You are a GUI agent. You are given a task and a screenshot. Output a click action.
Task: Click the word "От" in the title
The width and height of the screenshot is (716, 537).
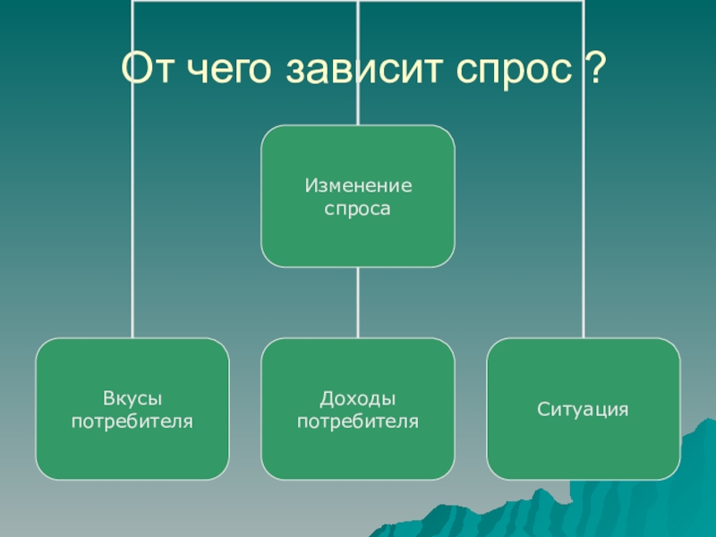147,69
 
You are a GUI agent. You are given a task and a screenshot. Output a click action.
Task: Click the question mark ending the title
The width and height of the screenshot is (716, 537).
589,69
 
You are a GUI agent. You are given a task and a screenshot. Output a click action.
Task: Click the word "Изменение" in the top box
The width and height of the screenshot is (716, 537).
358,187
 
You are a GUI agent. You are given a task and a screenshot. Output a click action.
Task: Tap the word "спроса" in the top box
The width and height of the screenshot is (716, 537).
358,209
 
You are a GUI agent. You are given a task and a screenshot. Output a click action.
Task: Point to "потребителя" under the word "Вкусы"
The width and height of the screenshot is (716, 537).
132,419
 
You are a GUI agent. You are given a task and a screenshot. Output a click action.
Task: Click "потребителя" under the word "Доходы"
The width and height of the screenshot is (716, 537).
358,419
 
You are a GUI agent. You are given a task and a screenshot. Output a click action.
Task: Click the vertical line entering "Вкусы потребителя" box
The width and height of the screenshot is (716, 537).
132,224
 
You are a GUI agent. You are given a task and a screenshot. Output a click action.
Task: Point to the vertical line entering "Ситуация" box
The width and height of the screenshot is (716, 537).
584,224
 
